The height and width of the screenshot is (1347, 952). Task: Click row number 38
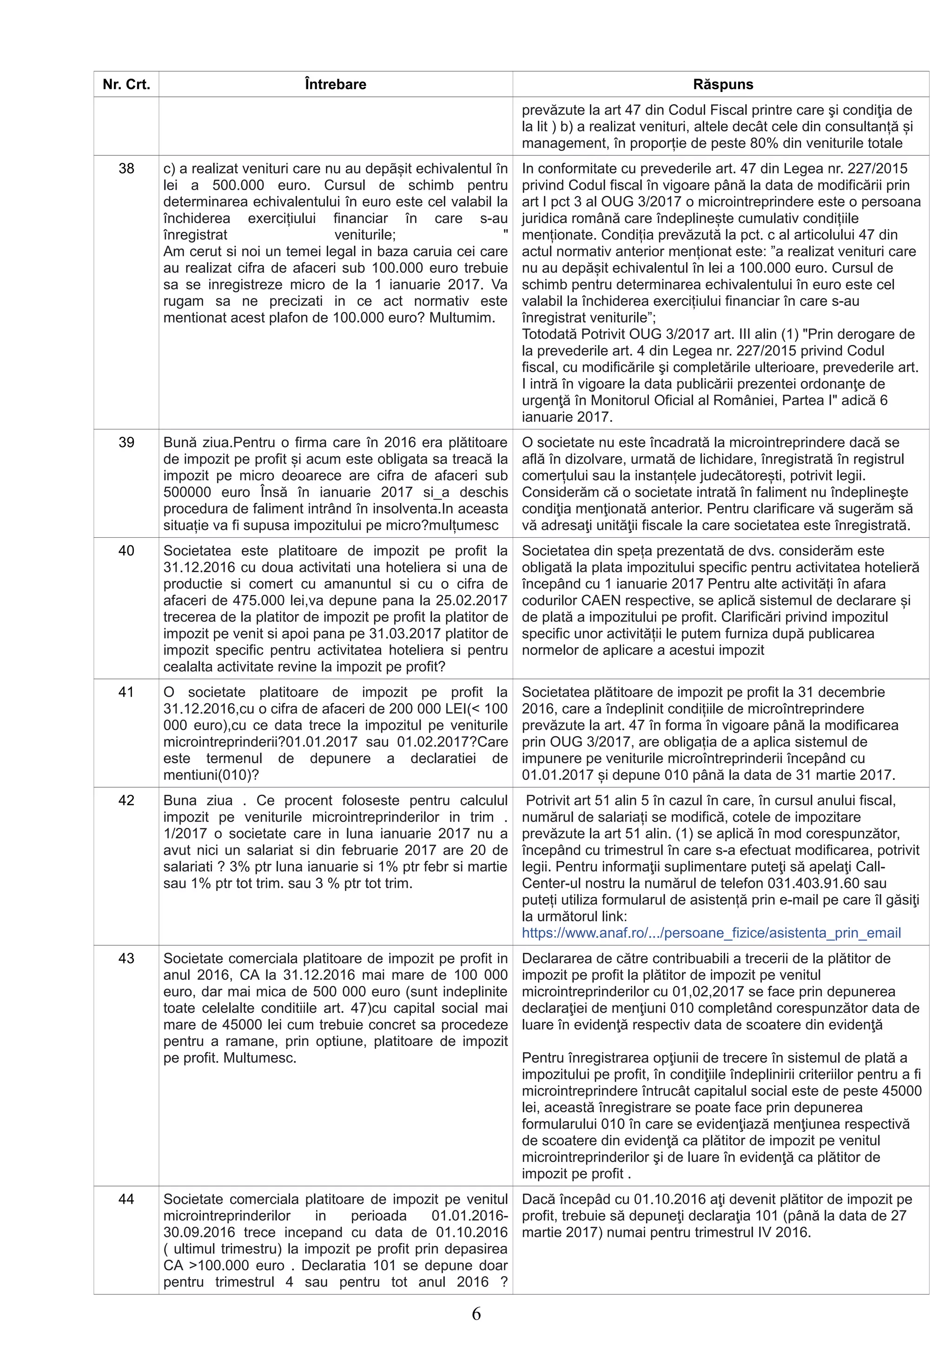126,169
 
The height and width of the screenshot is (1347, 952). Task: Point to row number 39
126,442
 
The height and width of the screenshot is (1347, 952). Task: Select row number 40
126,551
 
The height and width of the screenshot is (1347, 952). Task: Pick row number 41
126,692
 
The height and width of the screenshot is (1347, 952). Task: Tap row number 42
126,801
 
